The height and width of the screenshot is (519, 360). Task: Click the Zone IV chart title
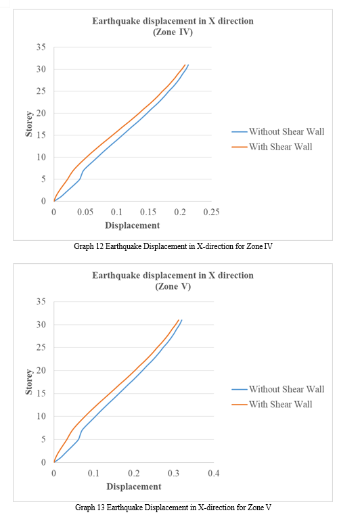tap(173, 26)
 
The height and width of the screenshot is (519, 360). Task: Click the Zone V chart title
tap(173, 281)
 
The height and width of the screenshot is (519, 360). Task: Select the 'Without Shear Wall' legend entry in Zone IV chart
tap(278, 132)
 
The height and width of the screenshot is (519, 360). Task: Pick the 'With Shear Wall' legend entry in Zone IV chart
tap(272, 147)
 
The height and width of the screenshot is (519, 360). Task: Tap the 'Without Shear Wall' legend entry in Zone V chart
tap(278, 389)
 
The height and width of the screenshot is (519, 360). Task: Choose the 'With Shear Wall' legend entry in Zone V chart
tap(272, 404)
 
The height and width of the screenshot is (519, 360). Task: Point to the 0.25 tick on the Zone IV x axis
tap(211, 212)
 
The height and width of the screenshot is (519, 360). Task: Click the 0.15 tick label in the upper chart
tap(148, 212)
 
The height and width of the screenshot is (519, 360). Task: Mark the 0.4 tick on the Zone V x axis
tap(213, 473)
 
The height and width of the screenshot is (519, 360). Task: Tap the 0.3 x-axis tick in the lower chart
tap(173, 473)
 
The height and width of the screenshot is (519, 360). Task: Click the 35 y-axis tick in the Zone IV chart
tap(41, 47)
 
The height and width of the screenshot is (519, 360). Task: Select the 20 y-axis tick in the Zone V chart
tap(41, 370)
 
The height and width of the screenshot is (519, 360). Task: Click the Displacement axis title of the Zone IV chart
tap(133, 225)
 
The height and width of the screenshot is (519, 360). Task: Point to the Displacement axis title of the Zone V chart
tap(134, 487)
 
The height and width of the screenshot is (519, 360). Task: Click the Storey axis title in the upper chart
tap(29, 124)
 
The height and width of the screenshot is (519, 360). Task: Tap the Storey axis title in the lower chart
tap(29, 382)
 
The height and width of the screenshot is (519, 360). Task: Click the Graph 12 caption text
tap(173, 246)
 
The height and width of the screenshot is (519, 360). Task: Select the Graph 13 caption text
tap(173, 507)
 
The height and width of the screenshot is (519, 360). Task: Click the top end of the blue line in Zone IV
tap(188, 65)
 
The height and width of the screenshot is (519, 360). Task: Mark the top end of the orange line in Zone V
tap(179, 320)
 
